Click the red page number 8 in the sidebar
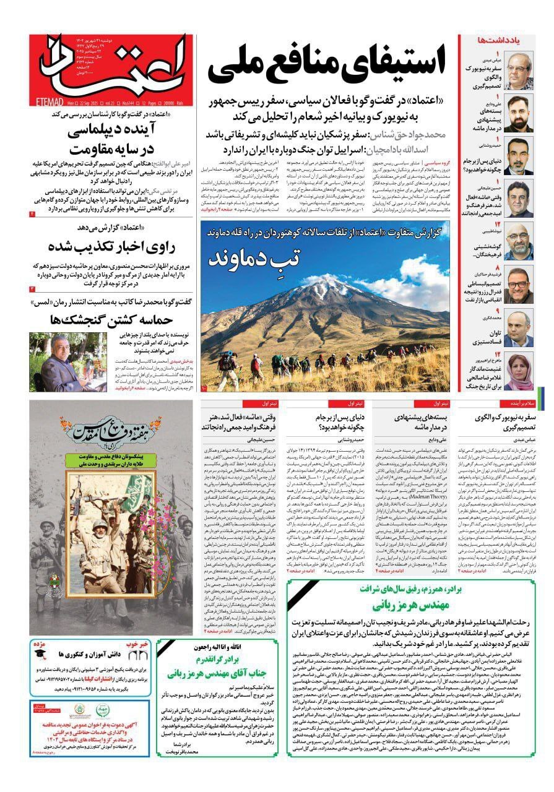click(x=496, y=269)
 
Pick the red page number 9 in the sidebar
click(x=497, y=311)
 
